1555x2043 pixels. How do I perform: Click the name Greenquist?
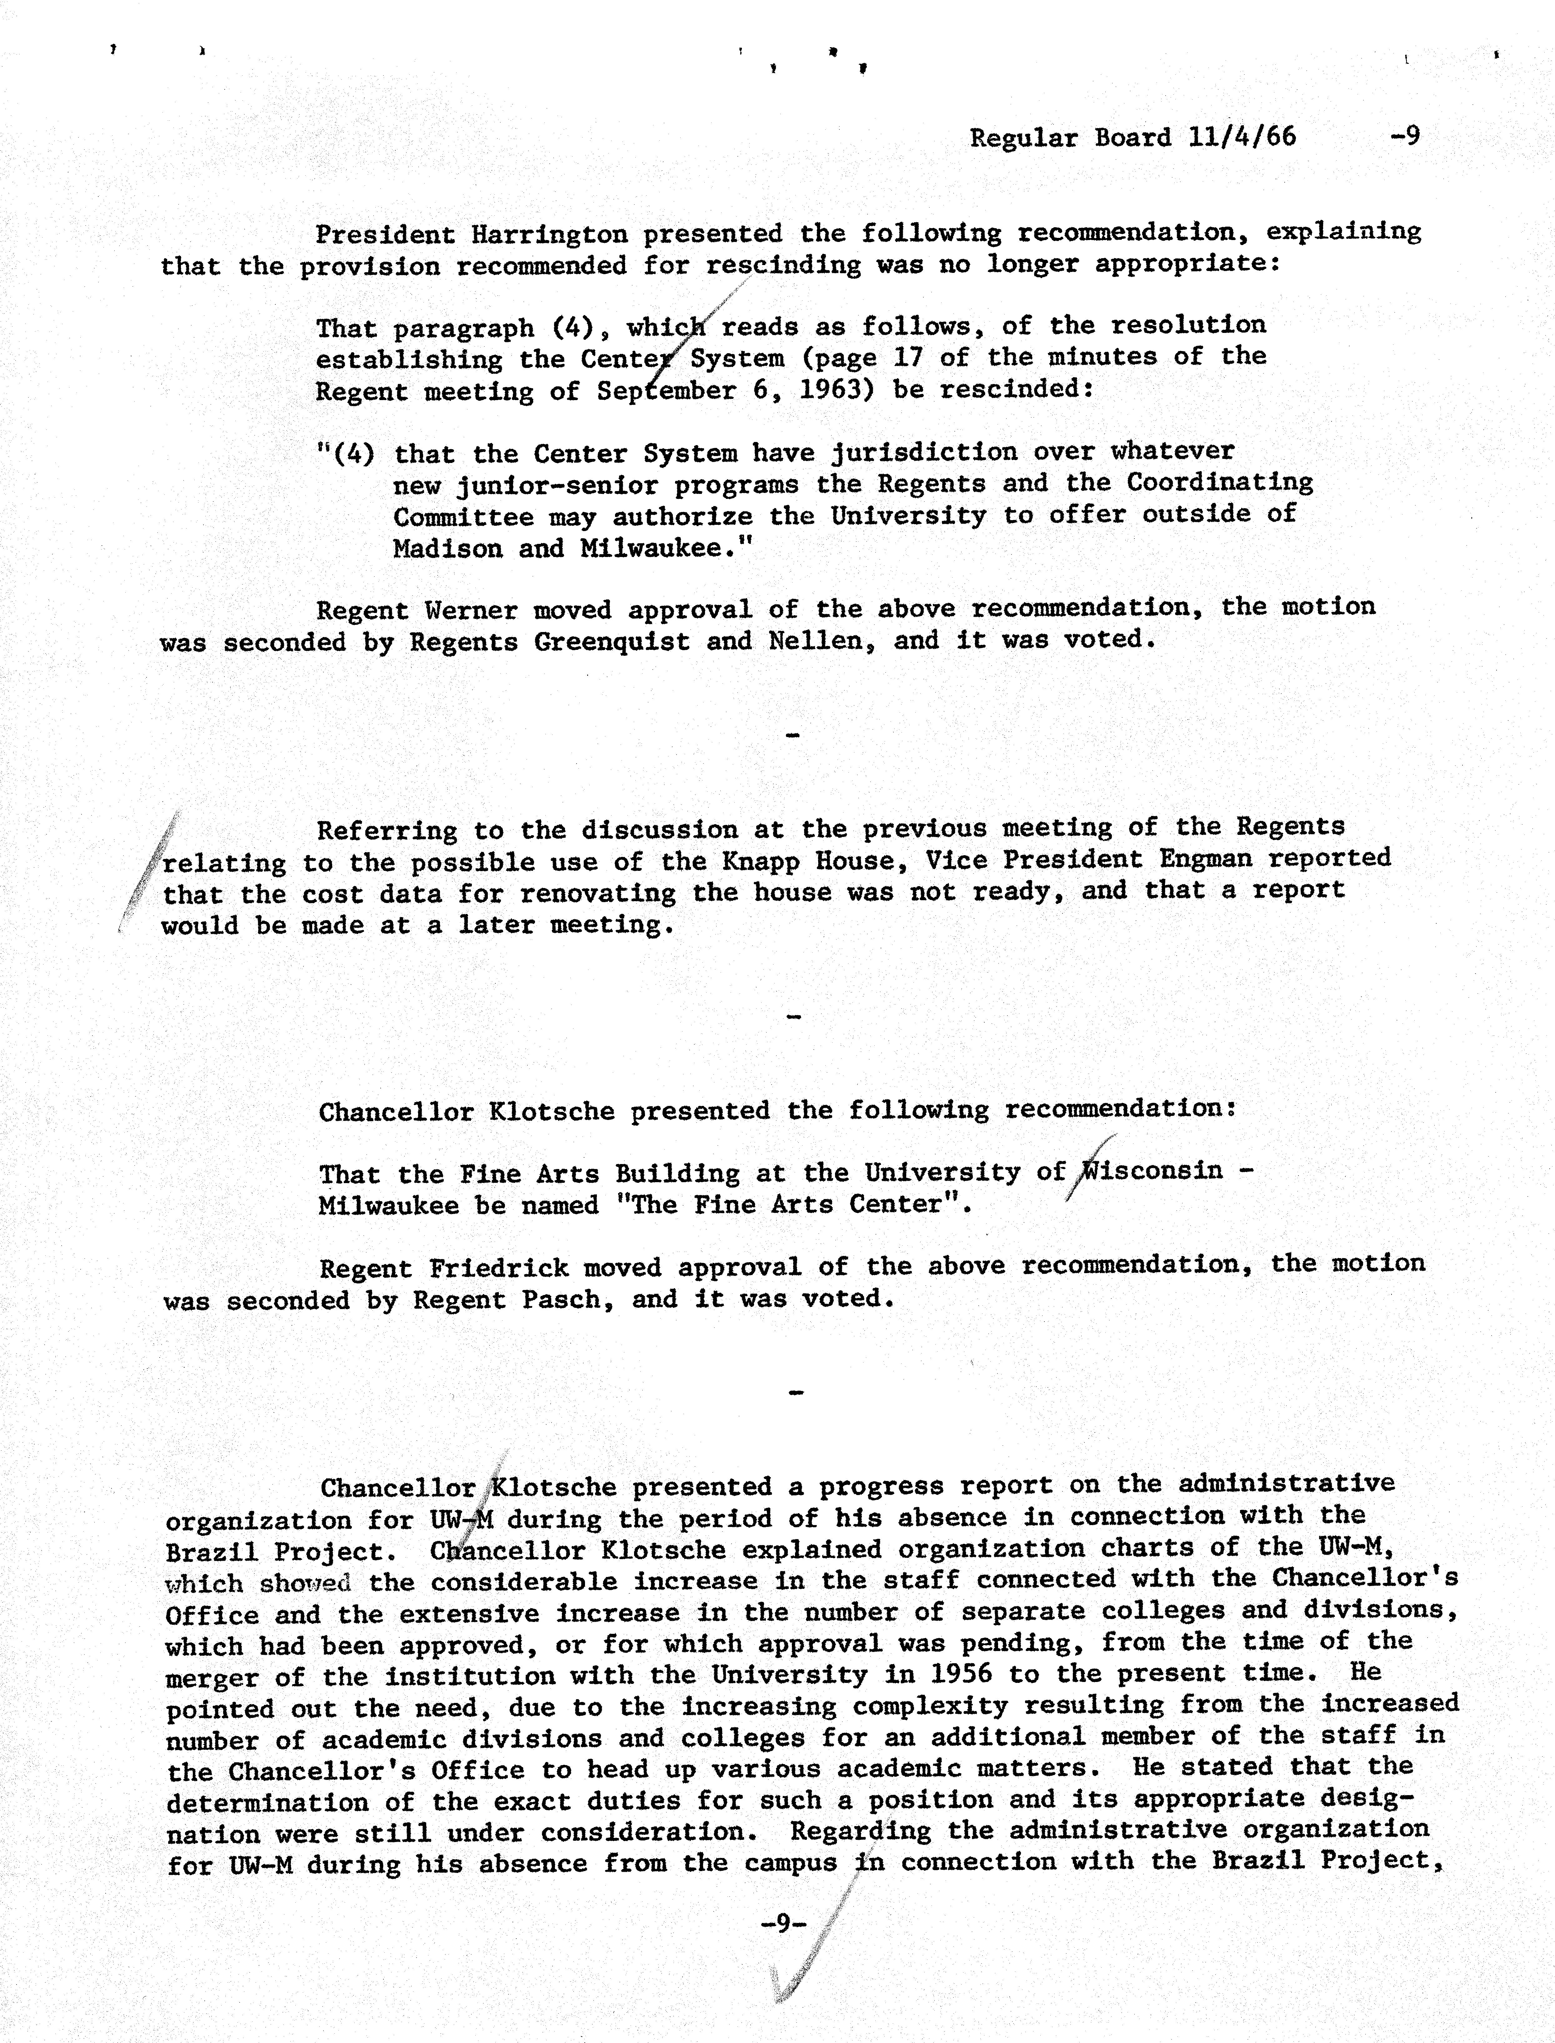pos(611,641)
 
